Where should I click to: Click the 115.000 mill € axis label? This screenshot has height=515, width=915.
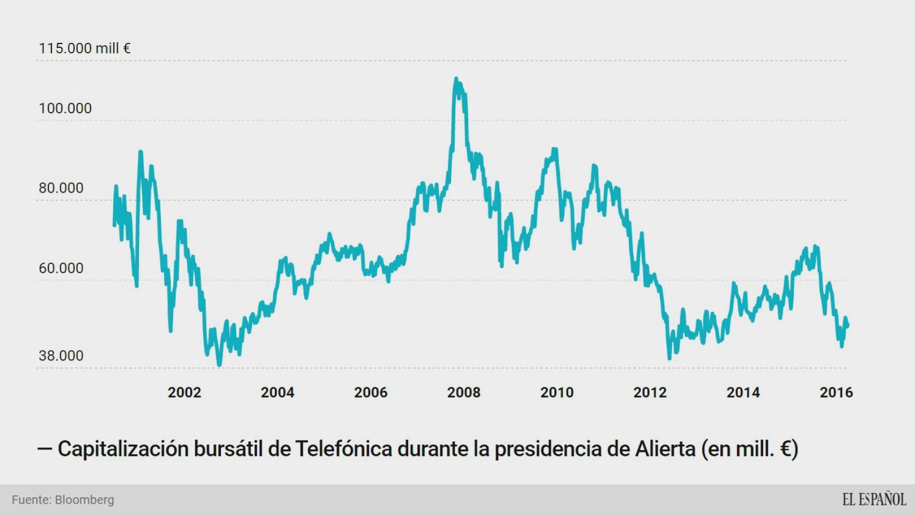84,48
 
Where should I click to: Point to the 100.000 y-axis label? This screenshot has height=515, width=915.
65,108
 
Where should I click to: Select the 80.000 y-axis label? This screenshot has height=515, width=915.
61,188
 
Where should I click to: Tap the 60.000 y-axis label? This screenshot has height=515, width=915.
61,268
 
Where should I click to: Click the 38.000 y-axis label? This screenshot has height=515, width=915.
61,356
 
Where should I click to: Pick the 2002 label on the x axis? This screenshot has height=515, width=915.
184,393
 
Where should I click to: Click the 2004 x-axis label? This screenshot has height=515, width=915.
277,393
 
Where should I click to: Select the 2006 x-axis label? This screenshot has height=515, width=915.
371,393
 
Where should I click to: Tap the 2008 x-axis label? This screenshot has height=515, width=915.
463,393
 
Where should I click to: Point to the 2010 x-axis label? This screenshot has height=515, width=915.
557,393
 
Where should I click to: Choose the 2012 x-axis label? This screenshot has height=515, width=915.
650,393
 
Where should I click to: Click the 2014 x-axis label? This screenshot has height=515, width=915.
743,393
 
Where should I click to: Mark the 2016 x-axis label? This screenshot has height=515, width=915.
836,393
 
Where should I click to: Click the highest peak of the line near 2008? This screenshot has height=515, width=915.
456,79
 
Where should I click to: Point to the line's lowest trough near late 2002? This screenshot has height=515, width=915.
219,365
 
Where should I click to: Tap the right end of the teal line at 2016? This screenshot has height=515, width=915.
847,325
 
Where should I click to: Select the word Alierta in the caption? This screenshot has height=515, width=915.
665,448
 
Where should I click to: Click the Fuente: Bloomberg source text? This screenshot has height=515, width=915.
63,500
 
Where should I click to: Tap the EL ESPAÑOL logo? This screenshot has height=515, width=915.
874,499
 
